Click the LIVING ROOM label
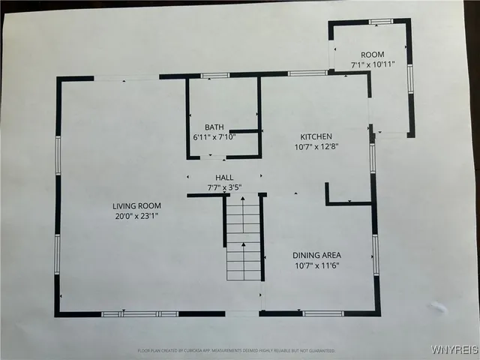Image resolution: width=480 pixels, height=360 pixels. point(137,205)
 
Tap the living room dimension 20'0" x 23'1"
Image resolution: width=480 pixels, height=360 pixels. point(137,216)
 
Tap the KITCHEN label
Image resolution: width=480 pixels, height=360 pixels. point(316,136)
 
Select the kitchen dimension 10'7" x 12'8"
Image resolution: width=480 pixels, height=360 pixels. point(316,147)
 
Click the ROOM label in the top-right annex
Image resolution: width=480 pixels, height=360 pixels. point(373,55)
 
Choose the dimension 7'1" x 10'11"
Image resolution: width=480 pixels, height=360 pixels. point(373,65)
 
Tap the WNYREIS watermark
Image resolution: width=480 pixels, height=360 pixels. point(452,350)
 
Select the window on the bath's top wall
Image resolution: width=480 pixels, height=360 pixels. point(215,76)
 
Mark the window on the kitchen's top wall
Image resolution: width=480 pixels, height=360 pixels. point(307,73)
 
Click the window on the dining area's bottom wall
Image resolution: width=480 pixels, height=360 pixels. point(323,313)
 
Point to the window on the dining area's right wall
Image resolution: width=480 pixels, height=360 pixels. point(376,255)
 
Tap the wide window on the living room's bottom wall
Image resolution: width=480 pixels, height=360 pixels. point(140,313)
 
